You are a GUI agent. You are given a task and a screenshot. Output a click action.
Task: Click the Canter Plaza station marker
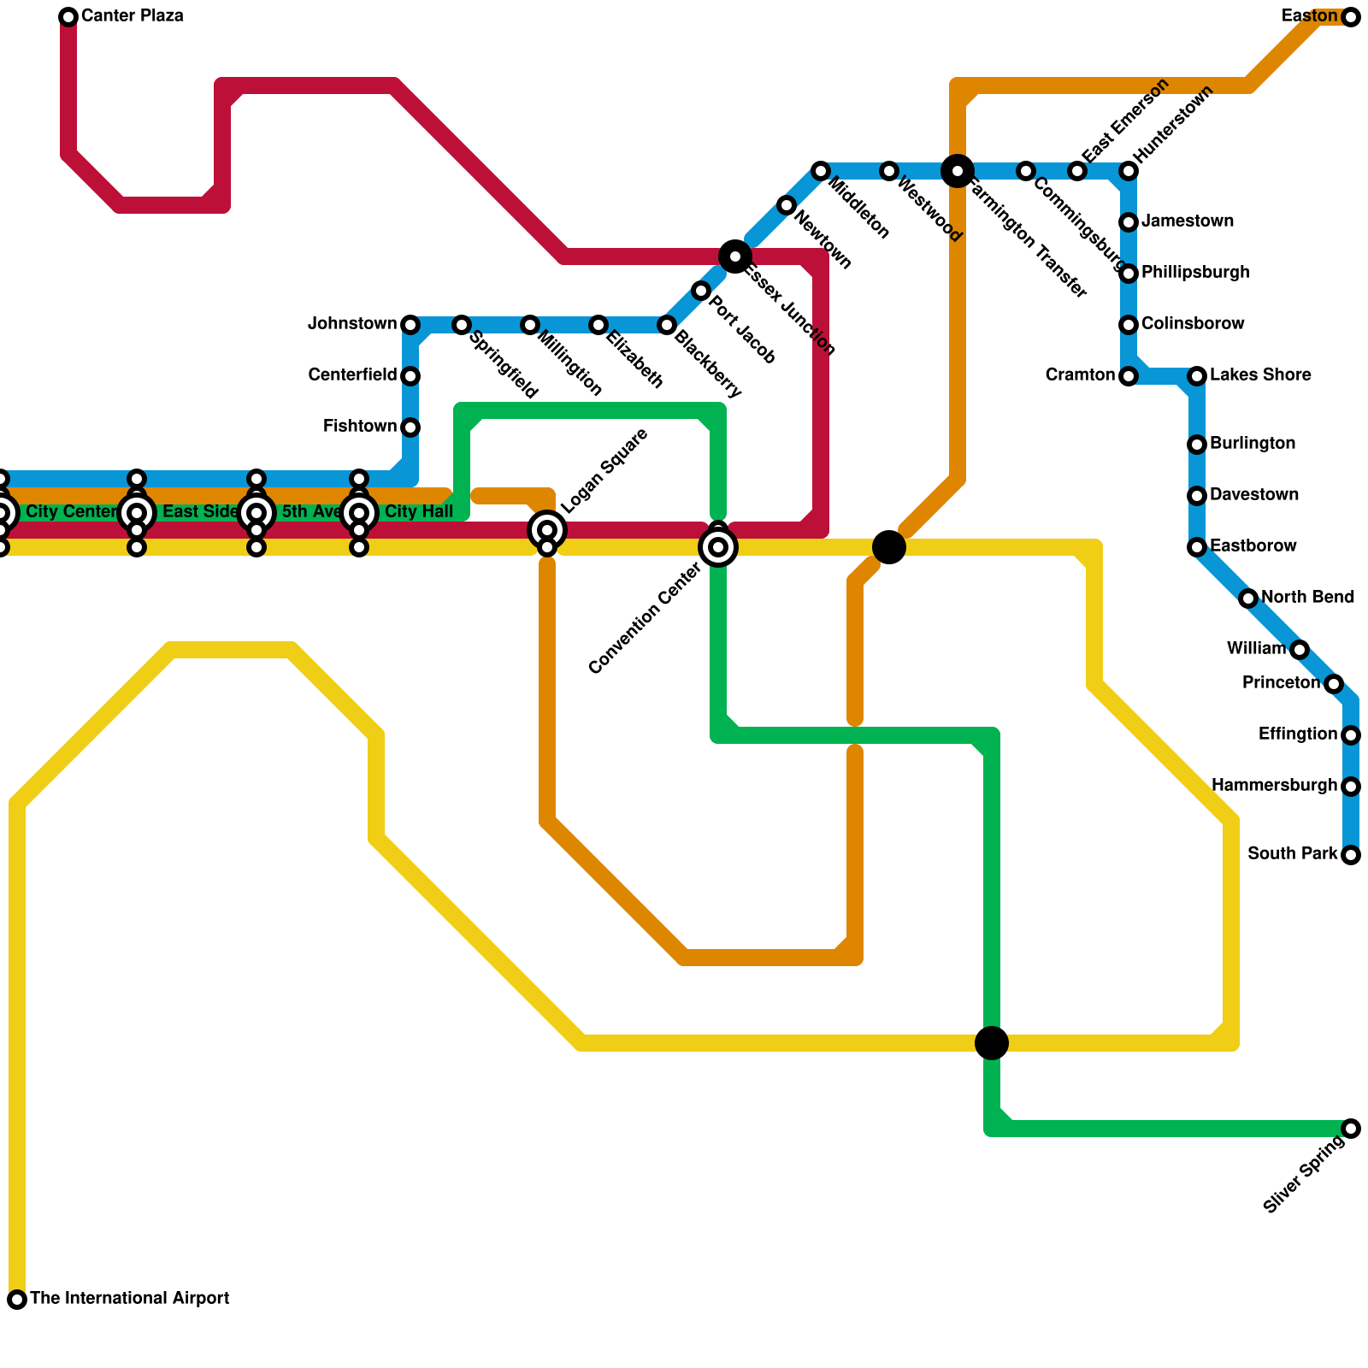point(68,17)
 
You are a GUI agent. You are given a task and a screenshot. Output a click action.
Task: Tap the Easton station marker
point(1351,17)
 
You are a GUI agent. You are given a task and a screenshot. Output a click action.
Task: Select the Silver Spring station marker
point(1351,1129)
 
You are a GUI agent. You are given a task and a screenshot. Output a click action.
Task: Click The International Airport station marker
point(17,1300)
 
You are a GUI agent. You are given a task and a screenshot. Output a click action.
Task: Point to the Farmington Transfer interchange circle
point(958,171)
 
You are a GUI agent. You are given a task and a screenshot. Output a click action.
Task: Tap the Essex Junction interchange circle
point(735,256)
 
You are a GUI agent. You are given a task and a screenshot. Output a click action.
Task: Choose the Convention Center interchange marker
point(718,547)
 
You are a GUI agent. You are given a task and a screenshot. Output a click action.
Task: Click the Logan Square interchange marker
point(547,530)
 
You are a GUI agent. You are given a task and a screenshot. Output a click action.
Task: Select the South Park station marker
point(1351,855)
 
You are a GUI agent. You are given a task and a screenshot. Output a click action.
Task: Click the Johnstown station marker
point(410,325)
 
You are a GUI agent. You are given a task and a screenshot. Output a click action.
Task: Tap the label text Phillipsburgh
point(1195,273)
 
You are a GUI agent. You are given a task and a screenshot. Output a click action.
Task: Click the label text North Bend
point(1307,598)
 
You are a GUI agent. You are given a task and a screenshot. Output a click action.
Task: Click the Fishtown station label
point(360,427)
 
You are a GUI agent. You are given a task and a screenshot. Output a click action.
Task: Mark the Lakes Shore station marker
point(1197,376)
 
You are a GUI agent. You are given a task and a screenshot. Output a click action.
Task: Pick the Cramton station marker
point(1129,376)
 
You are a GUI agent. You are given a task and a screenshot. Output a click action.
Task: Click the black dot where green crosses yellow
point(992,1043)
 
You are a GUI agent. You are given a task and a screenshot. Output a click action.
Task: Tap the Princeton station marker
point(1334,684)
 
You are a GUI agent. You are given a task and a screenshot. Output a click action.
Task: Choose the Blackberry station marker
point(667,325)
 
